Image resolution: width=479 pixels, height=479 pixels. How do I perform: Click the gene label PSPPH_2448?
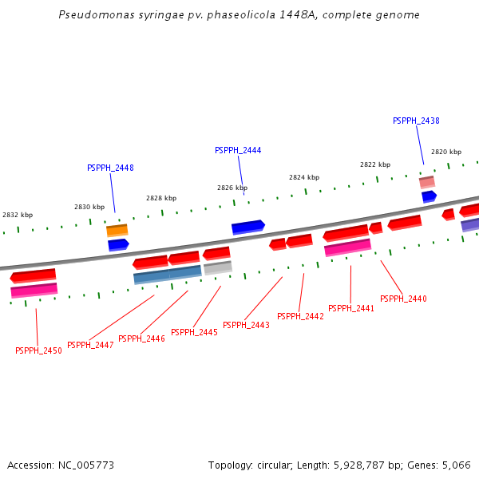(x=110, y=168)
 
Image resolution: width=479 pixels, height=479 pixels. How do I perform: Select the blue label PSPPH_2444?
(x=238, y=150)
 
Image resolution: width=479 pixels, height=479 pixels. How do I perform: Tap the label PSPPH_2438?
(x=416, y=121)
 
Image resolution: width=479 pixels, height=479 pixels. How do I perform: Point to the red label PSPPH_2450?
(x=38, y=350)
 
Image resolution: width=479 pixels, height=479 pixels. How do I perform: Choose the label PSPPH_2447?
(x=90, y=345)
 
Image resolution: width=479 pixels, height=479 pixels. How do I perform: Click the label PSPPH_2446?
(x=141, y=338)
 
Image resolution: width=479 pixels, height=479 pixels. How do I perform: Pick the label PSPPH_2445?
(x=194, y=332)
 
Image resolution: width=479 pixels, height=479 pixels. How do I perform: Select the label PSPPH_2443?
(x=246, y=325)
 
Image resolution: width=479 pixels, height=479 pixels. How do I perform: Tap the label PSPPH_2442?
(x=300, y=316)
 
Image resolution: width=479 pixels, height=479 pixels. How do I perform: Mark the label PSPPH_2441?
(x=351, y=308)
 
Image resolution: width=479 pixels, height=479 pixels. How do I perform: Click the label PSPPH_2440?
(x=403, y=299)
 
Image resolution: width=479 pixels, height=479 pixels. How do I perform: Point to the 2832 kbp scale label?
(x=18, y=215)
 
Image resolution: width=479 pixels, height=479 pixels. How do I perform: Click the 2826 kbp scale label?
(x=232, y=188)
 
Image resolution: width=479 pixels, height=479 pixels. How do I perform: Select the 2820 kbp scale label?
(x=446, y=152)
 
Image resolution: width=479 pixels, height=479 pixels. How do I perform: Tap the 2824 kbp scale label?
(x=304, y=177)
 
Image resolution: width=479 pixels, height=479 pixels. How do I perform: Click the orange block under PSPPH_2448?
(x=117, y=230)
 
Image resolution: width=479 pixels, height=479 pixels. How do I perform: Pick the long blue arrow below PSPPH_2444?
(x=248, y=227)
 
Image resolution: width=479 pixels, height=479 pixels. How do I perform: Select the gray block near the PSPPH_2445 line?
(x=218, y=268)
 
